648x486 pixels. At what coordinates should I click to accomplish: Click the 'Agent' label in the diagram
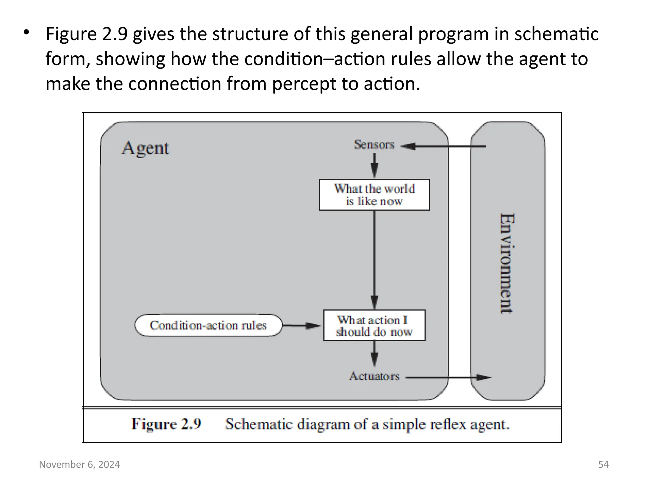click(145, 148)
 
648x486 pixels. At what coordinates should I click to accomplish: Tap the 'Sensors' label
click(374, 145)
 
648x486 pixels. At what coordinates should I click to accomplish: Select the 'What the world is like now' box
click(374, 195)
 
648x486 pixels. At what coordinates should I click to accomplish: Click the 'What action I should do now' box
click(374, 325)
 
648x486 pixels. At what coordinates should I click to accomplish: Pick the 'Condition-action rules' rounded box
click(208, 325)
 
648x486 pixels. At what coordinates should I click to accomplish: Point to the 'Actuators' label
click(374, 376)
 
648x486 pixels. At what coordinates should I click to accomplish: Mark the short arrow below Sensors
click(374, 165)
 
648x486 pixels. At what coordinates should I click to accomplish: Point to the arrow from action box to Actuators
click(374, 353)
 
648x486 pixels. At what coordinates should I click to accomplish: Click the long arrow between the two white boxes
click(374, 259)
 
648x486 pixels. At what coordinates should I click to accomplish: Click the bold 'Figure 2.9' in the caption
click(166, 424)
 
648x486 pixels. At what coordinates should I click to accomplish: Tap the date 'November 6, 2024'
click(79, 464)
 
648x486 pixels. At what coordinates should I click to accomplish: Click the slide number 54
click(603, 464)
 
